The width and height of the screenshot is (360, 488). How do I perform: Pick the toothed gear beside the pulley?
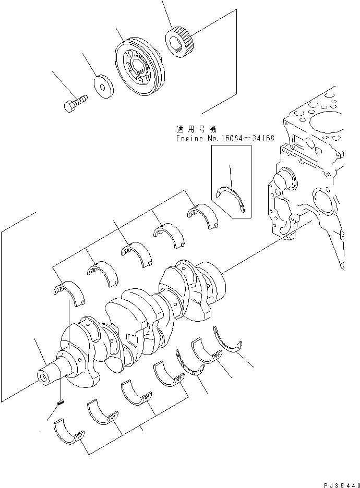[x=180, y=41]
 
